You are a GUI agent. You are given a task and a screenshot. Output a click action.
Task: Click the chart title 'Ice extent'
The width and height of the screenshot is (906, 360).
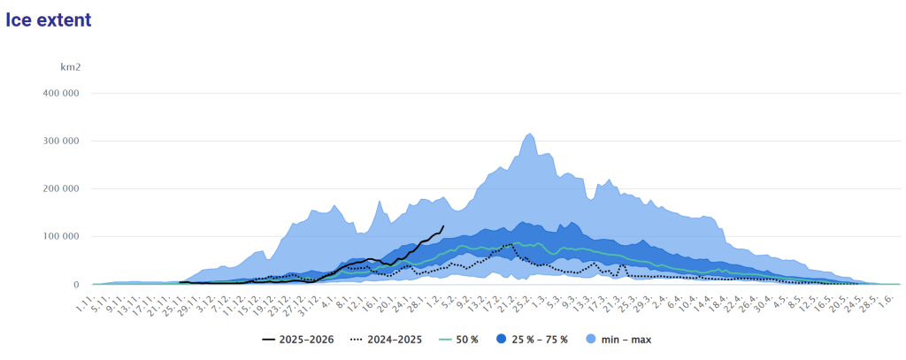pos(49,19)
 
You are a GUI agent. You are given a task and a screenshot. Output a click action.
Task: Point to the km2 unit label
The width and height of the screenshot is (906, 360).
pos(71,67)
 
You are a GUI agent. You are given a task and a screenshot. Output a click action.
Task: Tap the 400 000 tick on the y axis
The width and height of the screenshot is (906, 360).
pos(61,93)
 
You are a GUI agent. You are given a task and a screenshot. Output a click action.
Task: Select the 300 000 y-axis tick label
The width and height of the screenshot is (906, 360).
pos(61,141)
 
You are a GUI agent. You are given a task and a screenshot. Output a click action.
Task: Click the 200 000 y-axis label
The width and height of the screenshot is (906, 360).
pos(61,189)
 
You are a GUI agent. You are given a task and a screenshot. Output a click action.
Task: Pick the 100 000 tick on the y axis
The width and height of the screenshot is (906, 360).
pos(61,236)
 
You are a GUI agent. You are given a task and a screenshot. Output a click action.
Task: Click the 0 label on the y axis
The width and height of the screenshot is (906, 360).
pos(76,284)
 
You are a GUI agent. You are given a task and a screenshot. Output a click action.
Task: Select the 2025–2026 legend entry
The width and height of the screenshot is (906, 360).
pos(297,340)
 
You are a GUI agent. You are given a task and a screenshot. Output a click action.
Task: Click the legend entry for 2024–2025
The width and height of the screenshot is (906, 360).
pos(386,340)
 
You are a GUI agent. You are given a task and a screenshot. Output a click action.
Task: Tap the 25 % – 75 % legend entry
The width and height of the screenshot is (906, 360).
pos(531,340)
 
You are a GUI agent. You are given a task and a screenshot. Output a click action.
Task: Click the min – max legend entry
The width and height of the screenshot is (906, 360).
pos(617,340)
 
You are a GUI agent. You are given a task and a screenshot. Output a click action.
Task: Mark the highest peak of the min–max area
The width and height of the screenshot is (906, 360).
pos(530,134)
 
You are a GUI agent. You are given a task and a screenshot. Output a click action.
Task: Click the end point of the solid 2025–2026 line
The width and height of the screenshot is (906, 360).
pos(443,226)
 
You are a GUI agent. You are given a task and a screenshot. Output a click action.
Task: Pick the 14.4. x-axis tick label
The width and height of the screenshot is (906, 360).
pos(706,300)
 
